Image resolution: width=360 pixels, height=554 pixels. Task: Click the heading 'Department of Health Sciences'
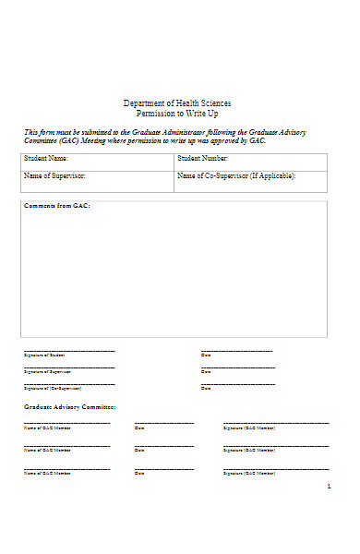pyautogui.click(x=177, y=102)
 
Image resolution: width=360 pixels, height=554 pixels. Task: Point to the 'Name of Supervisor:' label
pyautogui.click(x=54, y=175)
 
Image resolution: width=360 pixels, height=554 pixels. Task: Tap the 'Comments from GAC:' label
pyautogui.click(x=57, y=206)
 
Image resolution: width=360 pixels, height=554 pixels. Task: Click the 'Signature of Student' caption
pyautogui.click(x=44, y=355)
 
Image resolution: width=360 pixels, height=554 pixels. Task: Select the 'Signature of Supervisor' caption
pyautogui.click(x=47, y=372)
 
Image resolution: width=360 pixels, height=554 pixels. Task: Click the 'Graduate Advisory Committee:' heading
pyautogui.click(x=69, y=406)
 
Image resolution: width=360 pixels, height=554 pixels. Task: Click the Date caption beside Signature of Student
pyautogui.click(x=206, y=355)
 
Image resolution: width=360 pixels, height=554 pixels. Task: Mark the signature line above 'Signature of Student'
pyautogui.click(x=69, y=351)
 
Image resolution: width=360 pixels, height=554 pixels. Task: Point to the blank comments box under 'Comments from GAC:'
pyautogui.click(x=174, y=272)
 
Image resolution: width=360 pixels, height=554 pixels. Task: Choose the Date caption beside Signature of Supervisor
pyautogui.click(x=206, y=372)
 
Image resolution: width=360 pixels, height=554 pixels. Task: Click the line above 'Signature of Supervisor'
pyautogui.click(x=69, y=367)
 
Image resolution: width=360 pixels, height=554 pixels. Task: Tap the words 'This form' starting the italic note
pyautogui.click(x=39, y=132)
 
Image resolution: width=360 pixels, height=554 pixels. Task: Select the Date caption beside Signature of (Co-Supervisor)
pyautogui.click(x=206, y=389)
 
